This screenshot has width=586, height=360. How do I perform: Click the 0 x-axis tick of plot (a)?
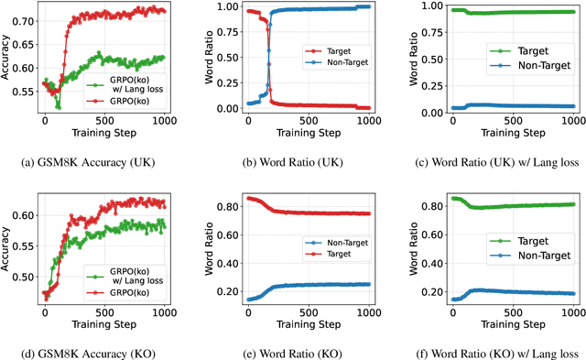pos(45,120)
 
